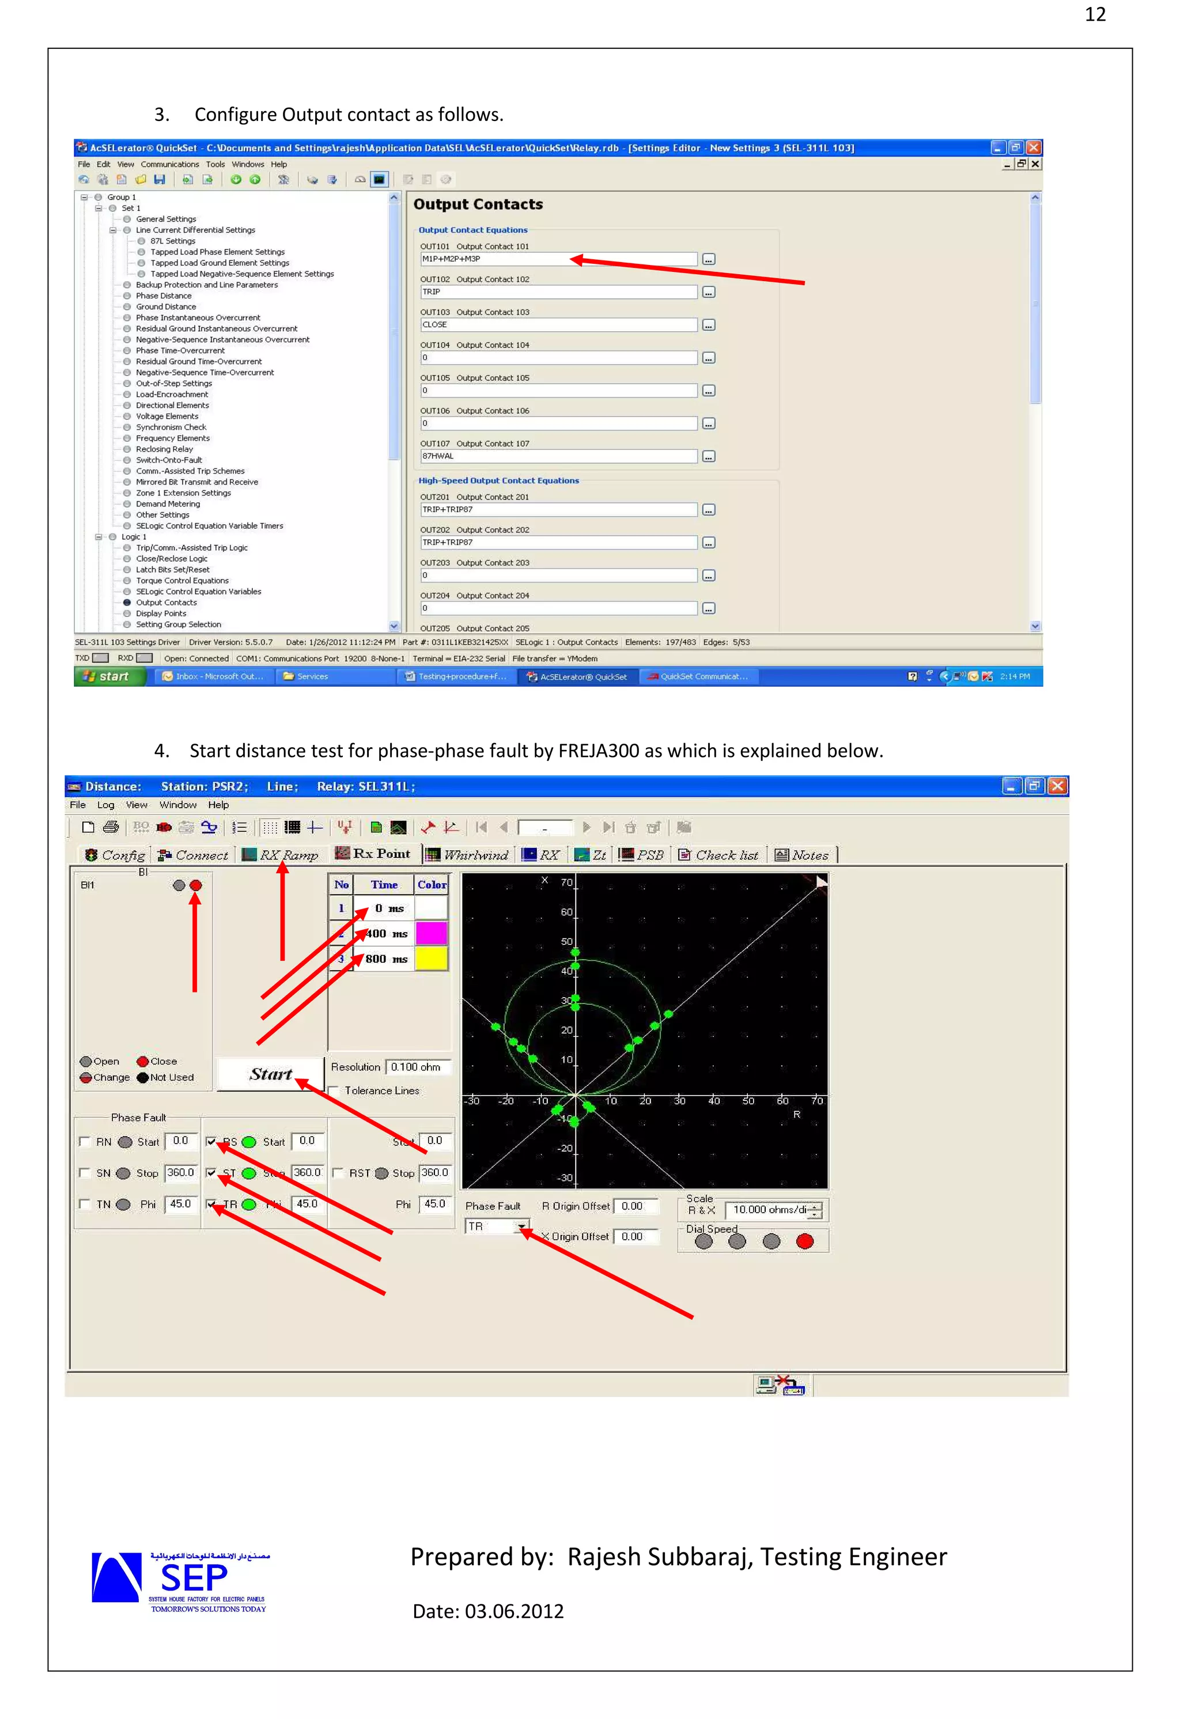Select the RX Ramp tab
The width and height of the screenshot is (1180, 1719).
tap(281, 855)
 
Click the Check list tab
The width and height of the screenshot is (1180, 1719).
tap(719, 855)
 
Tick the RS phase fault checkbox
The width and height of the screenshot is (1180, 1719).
tap(211, 1141)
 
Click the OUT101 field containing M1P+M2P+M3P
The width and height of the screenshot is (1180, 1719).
tap(558, 259)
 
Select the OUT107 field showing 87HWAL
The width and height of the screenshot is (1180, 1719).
tap(558, 456)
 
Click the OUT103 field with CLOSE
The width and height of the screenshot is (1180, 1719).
tap(558, 325)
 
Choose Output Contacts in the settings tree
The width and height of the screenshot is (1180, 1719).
tap(166, 603)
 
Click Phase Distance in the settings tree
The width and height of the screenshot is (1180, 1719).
tap(164, 296)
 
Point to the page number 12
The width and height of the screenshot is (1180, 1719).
tap(1095, 15)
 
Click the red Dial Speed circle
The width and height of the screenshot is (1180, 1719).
tap(804, 1241)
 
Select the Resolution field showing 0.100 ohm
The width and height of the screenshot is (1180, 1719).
tap(417, 1067)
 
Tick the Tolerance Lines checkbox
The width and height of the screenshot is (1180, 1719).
tap(334, 1091)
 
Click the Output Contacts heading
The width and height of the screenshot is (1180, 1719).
tap(478, 204)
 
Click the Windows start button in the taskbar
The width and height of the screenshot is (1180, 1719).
tap(109, 676)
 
